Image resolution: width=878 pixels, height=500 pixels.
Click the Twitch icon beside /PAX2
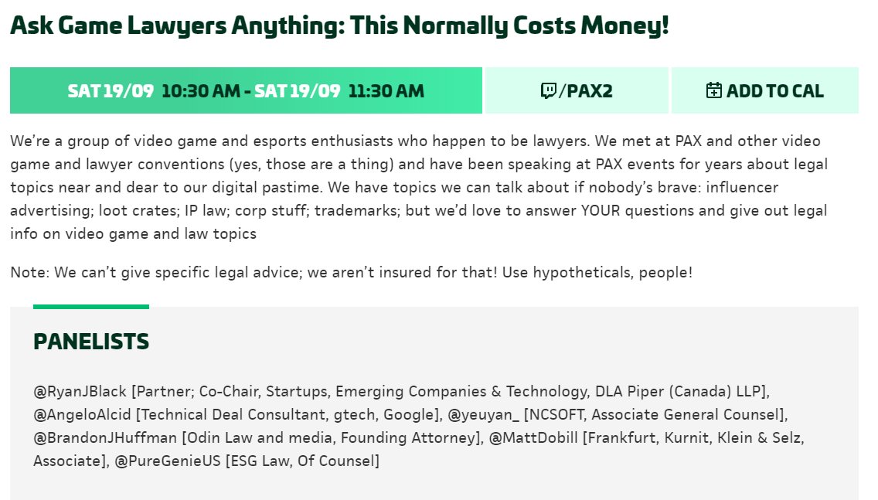548,91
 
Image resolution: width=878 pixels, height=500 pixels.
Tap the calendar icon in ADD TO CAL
714,90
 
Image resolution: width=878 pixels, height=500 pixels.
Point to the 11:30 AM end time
386,91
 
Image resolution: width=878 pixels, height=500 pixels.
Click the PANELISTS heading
91,342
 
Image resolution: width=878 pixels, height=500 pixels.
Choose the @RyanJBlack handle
80,392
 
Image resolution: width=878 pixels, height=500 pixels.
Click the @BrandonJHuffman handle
105,438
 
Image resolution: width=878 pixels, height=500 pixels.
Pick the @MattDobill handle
533,438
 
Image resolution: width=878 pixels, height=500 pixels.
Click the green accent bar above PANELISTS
91,307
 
